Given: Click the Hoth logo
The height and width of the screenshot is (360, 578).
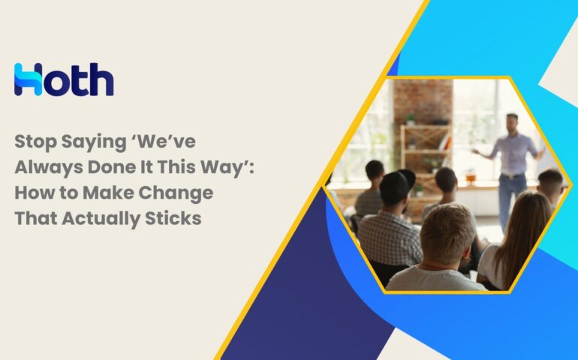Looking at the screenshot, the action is [64, 79].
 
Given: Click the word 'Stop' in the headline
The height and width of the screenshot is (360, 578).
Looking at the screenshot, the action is [35, 142].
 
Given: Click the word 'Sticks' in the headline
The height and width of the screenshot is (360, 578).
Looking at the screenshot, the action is [173, 218].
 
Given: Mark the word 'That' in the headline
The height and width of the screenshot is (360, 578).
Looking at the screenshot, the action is [36, 218].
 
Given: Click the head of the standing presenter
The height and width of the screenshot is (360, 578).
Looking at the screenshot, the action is [512, 123].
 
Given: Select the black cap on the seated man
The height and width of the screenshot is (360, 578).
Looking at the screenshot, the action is [396, 186].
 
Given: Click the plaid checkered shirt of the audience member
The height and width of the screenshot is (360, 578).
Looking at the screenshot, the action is [390, 238].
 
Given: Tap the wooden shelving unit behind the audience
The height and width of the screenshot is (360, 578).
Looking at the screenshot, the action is [426, 148].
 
